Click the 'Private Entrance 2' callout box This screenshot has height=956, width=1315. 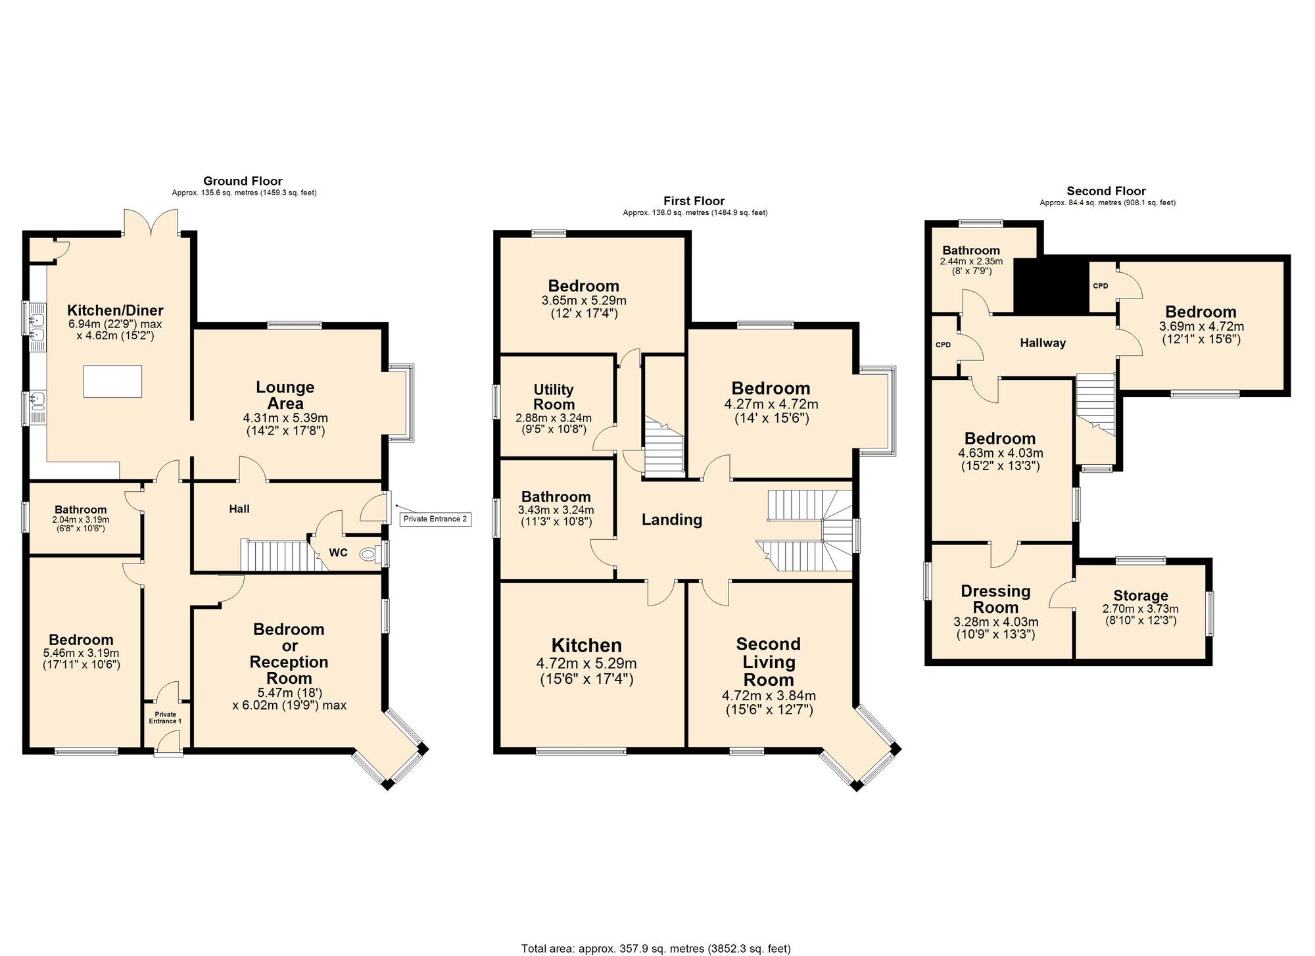pyautogui.click(x=435, y=519)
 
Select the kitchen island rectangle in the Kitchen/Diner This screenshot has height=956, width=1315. pyautogui.click(x=112, y=381)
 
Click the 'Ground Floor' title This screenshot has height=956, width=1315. pyautogui.click(x=243, y=181)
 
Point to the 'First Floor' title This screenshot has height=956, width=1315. pyautogui.click(x=694, y=201)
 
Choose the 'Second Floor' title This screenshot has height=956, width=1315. pyautogui.click(x=1106, y=191)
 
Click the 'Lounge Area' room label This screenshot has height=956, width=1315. pyautogui.click(x=285, y=395)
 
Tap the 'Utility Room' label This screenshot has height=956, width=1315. pyautogui.click(x=554, y=397)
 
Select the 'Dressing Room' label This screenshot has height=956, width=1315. pyautogui.click(x=995, y=599)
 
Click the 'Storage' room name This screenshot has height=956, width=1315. pyautogui.click(x=1141, y=596)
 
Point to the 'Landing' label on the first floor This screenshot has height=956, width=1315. pyautogui.click(x=672, y=520)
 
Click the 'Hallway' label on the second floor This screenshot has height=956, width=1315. pyautogui.click(x=1043, y=343)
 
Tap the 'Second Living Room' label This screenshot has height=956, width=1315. pyautogui.click(x=769, y=661)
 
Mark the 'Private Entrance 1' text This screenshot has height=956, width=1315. pyautogui.click(x=165, y=717)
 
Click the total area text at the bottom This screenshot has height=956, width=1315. pyautogui.click(x=656, y=949)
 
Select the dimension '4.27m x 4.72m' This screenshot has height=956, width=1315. pyautogui.click(x=771, y=404)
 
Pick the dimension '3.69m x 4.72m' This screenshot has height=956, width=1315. pyautogui.click(x=1201, y=326)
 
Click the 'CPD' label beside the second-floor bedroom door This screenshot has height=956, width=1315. pyautogui.click(x=1100, y=286)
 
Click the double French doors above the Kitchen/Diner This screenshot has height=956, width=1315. pyautogui.click(x=151, y=222)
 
